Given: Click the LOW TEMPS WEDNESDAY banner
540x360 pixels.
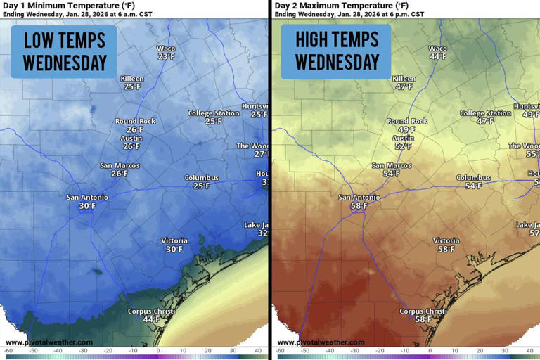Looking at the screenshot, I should click(65, 51).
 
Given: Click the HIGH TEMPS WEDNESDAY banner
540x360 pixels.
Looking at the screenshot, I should click(336, 51).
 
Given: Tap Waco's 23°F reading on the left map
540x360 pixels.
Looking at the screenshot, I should click(166, 57).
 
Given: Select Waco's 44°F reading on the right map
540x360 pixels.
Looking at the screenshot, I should click(438, 57).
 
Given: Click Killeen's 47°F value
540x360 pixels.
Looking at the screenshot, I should click(404, 87).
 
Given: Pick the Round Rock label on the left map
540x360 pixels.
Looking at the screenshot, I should click(135, 121).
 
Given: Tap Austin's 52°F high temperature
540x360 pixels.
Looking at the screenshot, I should click(404, 146).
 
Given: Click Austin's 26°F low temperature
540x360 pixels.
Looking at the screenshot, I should click(131, 146).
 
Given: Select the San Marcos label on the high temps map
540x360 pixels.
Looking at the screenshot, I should click(391, 165).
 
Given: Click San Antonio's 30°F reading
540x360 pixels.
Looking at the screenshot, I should click(86, 206).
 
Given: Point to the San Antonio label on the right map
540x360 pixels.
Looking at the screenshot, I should click(359, 198).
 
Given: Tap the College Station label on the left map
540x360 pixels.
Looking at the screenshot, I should click(214, 113).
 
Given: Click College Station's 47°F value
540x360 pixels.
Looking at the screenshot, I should click(485, 121).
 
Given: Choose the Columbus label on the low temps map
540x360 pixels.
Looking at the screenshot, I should click(202, 178).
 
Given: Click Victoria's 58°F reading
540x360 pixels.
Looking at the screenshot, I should click(446, 249).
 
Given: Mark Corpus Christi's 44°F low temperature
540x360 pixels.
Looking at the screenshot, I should click(151, 319).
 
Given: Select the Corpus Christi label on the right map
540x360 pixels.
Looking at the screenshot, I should click(423, 311).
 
